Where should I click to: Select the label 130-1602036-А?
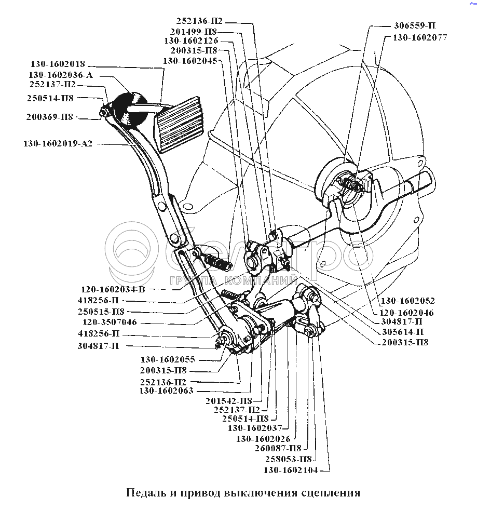pyautogui.click(x=61, y=75)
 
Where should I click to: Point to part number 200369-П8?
pyautogui.click(x=49, y=117)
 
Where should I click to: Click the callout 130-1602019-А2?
pyautogui.click(x=57, y=143)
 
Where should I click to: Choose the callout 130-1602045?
pyautogui.click(x=191, y=60)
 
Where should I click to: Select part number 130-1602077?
pyautogui.click(x=419, y=37)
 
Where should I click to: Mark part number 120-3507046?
pyautogui.click(x=107, y=322)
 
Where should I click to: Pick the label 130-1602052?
pyautogui.click(x=407, y=301)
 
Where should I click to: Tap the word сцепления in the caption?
pyautogui.click(x=331, y=492)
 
